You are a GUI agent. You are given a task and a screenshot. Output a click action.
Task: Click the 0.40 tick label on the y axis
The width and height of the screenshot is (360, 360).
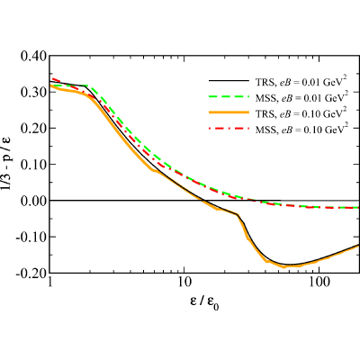click(x=33, y=56)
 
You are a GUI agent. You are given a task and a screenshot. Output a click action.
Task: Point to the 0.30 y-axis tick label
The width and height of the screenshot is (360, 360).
click(x=33, y=92)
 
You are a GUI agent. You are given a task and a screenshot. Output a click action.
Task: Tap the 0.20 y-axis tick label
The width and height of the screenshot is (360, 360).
click(x=33, y=128)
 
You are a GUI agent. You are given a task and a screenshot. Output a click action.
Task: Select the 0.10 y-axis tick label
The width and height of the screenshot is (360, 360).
click(x=33, y=165)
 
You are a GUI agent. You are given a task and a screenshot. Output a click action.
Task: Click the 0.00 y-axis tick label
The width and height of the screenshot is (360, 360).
click(x=33, y=201)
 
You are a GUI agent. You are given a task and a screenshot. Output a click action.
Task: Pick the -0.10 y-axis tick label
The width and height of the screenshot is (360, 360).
click(x=31, y=237)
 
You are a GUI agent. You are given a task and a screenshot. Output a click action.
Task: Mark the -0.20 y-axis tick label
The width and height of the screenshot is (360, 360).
click(x=31, y=273)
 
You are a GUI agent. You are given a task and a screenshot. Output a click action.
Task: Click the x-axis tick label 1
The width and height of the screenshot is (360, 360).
click(x=50, y=283)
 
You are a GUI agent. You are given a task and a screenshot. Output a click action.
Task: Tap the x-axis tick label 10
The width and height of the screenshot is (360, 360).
click(x=184, y=283)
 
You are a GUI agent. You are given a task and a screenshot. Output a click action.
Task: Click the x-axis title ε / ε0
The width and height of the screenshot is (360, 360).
click(x=204, y=301)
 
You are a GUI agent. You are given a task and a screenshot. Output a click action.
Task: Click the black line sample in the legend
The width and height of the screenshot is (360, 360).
click(x=229, y=81)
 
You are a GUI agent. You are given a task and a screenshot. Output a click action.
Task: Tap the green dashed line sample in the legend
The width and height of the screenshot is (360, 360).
click(x=229, y=96)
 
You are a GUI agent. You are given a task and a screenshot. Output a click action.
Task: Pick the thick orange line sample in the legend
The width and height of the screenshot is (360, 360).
click(x=229, y=112)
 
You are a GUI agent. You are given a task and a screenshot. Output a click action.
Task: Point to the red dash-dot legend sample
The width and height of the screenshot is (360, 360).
click(x=229, y=129)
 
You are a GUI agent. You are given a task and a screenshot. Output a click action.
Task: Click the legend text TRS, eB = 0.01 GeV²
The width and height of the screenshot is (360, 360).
click(x=301, y=82)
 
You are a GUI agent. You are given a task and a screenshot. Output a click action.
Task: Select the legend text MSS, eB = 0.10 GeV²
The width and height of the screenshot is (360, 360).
click(x=301, y=130)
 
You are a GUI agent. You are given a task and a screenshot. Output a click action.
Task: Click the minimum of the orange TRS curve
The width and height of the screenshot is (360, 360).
click(x=283, y=266)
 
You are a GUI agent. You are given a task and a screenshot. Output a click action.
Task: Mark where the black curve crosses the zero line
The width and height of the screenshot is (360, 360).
click(x=203, y=200)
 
